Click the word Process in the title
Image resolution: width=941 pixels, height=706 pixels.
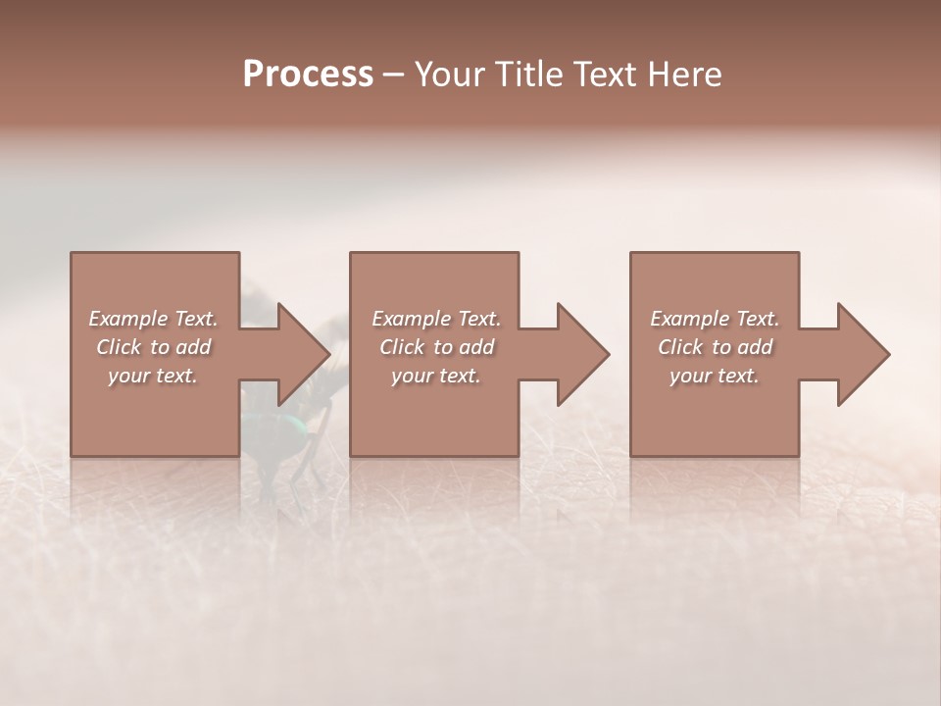[x=308, y=75]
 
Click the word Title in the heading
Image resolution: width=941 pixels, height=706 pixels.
[x=527, y=75]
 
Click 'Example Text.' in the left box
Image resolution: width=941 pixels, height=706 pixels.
[x=153, y=319]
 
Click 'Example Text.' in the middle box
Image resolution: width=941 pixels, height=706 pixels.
[x=436, y=319]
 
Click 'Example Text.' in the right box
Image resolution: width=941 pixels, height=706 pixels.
[x=715, y=319]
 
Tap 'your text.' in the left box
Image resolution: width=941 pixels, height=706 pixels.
[x=153, y=376]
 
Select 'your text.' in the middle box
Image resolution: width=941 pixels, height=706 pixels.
[x=436, y=376]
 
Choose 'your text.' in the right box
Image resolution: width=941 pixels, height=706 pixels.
[x=715, y=376]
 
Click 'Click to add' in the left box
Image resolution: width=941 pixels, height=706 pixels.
[x=153, y=347]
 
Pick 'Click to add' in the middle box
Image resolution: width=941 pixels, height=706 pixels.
[x=436, y=347]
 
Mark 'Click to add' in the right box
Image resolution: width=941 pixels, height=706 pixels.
[x=715, y=347]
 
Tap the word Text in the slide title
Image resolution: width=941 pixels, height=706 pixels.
[x=605, y=75]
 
